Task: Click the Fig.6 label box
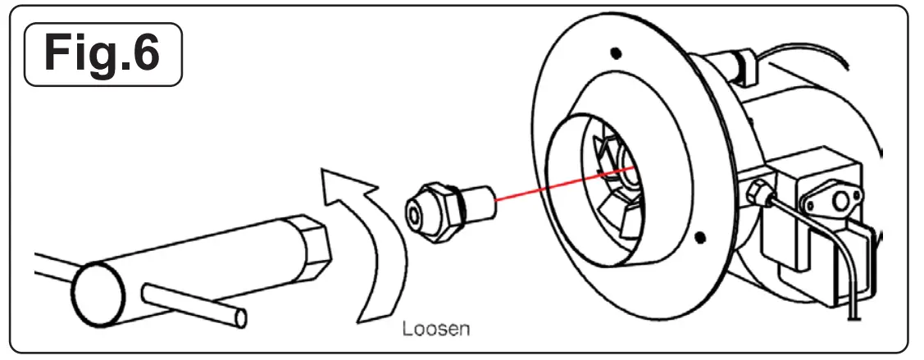click(102, 54)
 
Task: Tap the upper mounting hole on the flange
click(616, 54)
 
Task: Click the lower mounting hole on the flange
click(699, 238)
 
